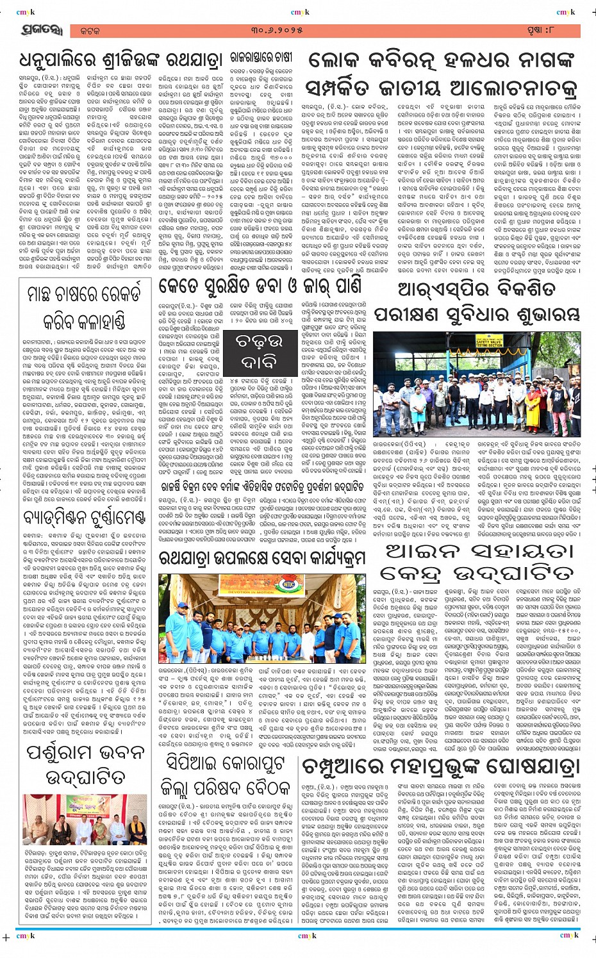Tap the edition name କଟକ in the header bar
pyautogui.click(x=91, y=31)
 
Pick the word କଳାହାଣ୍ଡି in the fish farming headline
pyautogui.click(x=84, y=320)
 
